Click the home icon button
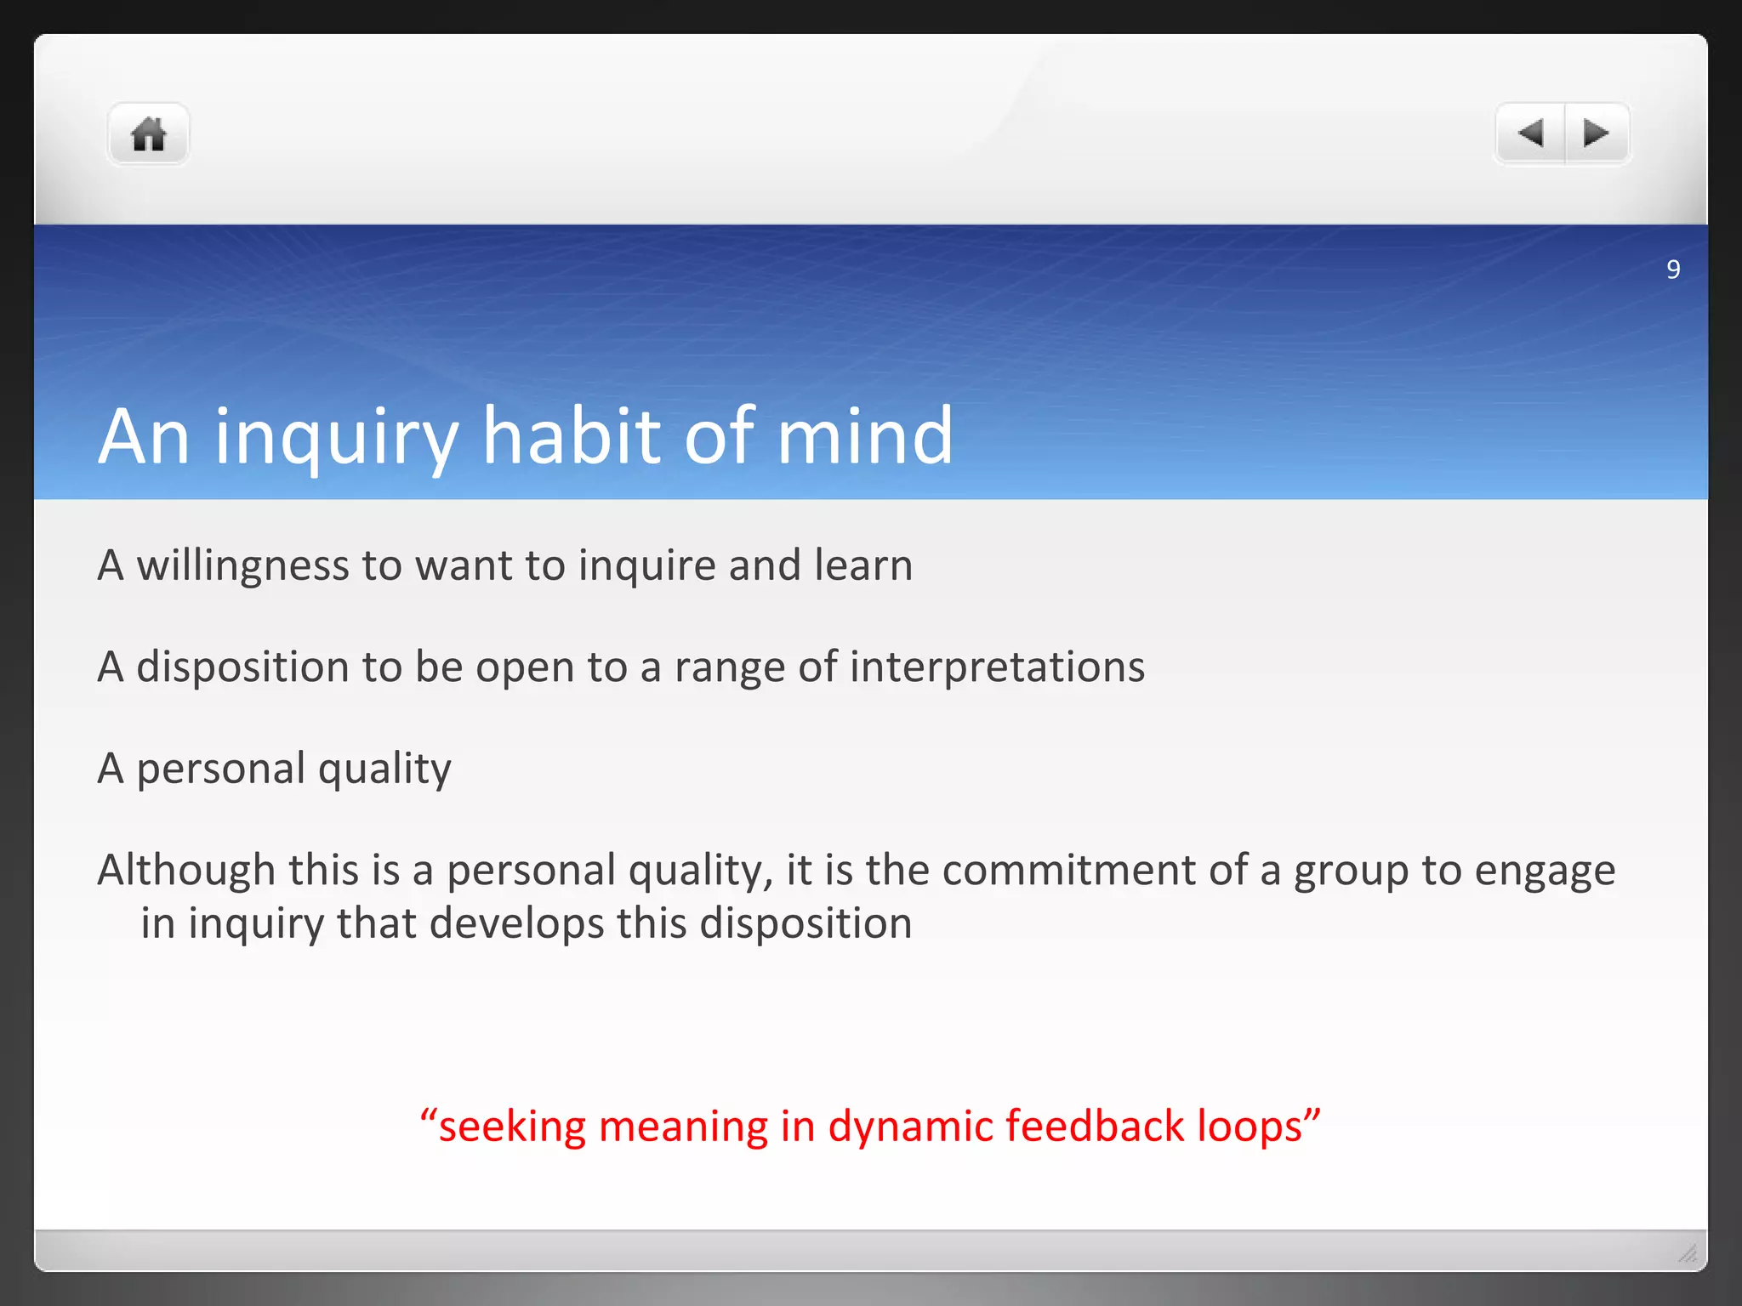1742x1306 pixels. pyautogui.click(x=148, y=134)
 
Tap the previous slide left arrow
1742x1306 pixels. pyautogui.click(x=1530, y=133)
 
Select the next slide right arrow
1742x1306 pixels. pyautogui.click(x=1597, y=133)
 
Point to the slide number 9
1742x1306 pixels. pyautogui.click(x=1673, y=270)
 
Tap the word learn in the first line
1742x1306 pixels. pyautogui.click(x=863, y=565)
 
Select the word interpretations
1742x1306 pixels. pyautogui.click(x=997, y=667)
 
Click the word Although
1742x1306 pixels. pyautogui.click(x=186, y=871)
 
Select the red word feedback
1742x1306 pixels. pyautogui.click(x=1095, y=1126)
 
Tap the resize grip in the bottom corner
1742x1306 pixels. pyautogui.click(x=1688, y=1253)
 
